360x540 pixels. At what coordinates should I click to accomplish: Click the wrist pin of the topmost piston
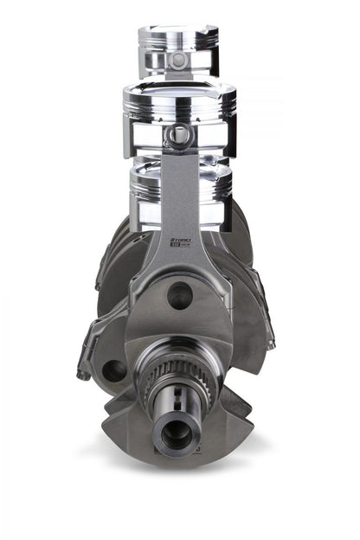point(178,61)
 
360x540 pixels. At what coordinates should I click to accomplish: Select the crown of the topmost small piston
point(178,34)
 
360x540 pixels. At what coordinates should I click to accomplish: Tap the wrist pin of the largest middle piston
point(179,134)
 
